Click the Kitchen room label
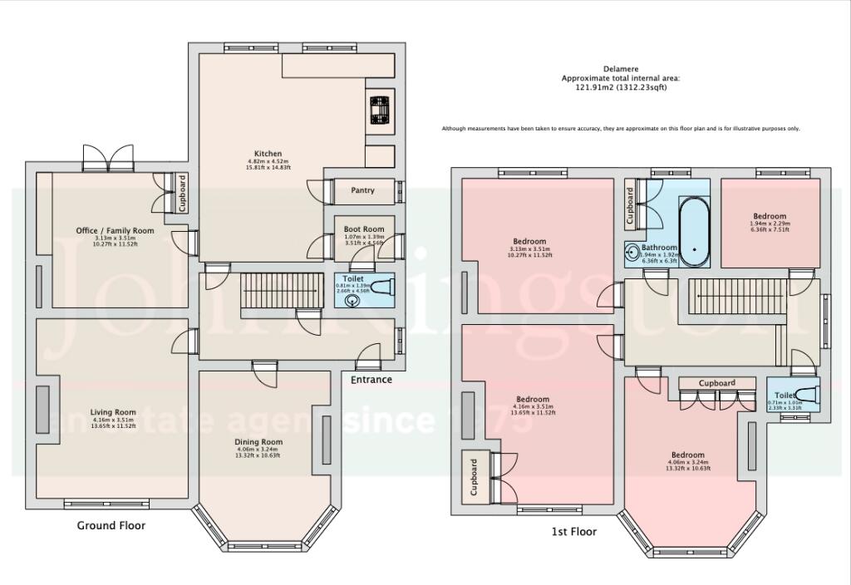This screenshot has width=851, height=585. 268,154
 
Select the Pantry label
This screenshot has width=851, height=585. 362,190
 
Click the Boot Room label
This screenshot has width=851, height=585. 364,229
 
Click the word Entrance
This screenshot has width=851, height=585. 371,380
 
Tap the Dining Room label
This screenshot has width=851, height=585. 258,442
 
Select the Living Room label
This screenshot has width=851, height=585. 113,412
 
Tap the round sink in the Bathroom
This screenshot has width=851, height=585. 633,248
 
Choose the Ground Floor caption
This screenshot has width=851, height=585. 111,525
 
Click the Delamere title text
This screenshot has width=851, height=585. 620,70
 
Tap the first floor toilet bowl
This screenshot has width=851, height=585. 805,396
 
